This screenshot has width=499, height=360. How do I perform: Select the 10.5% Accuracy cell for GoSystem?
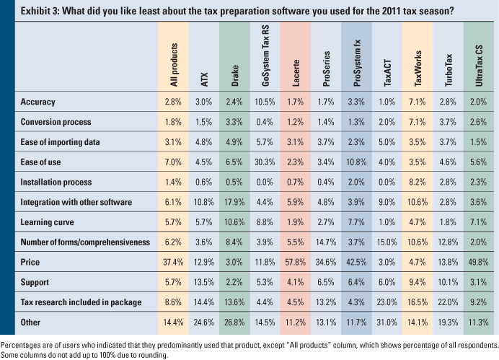point(265,102)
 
